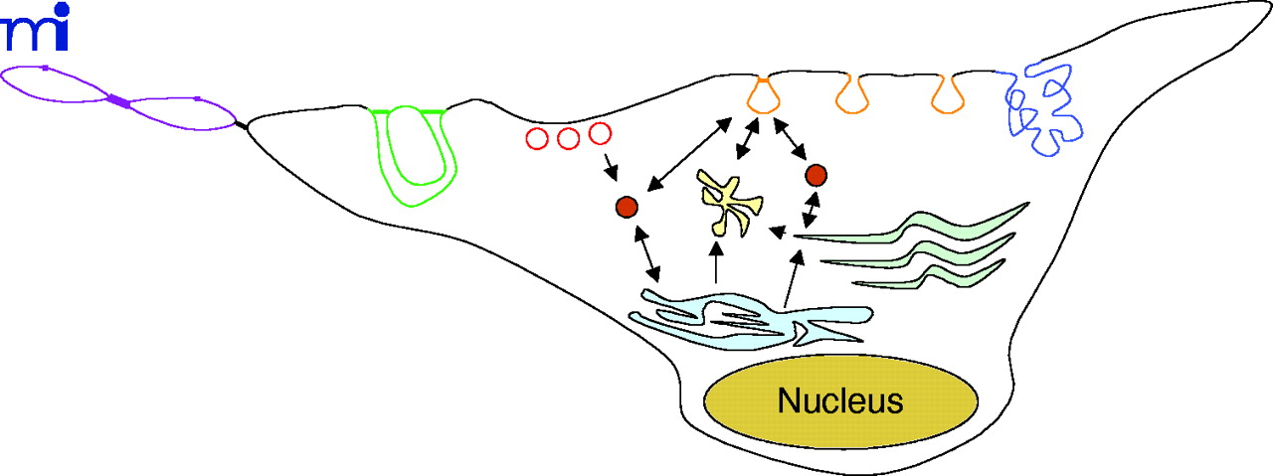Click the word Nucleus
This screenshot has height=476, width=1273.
coord(840,401)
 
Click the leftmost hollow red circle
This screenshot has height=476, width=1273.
coord(537,138)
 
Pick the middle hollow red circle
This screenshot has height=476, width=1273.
coord(568,137)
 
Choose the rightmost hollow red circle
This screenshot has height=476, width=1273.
coord(599,133)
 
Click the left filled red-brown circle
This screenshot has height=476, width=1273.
coord(627,207)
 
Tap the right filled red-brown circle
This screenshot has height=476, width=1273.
coord(816,176)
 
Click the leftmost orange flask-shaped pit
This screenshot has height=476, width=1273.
coord(763,94)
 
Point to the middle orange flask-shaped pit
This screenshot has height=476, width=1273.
coord(852,94)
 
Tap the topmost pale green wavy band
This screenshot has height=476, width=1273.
coord(915,225)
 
